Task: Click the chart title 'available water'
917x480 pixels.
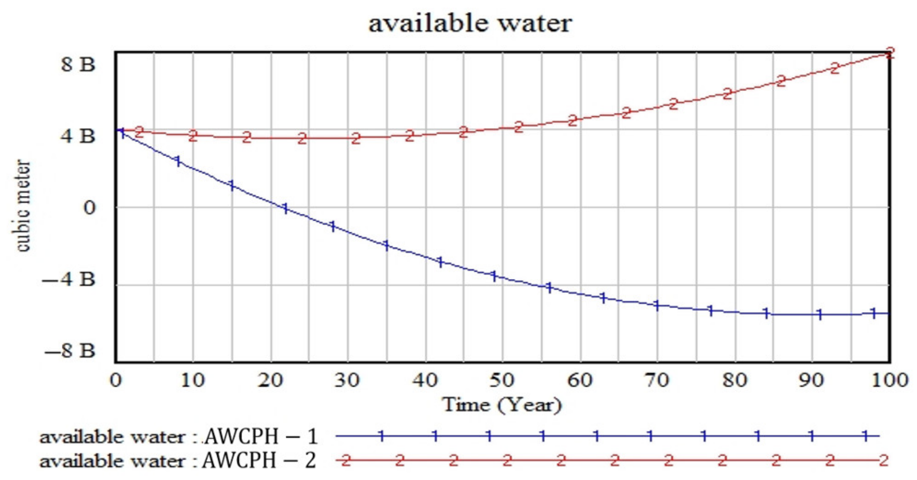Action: click(470, 24)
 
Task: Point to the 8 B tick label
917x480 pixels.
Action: click(78, 65)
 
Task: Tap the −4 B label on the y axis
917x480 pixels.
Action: click(69, 279)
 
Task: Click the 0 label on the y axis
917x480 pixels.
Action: click(89, 208)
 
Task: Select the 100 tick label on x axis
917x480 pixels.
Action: click(889, 381)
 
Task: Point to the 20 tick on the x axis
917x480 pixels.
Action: click(270, 381)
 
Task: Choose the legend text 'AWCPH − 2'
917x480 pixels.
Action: click(259, 461)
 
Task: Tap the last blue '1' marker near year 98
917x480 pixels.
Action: click(873, 313)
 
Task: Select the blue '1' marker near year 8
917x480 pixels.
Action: click(178, 161)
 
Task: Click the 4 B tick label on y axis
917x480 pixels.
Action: click(78, 136)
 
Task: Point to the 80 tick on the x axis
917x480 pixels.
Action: click(734, 381)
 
